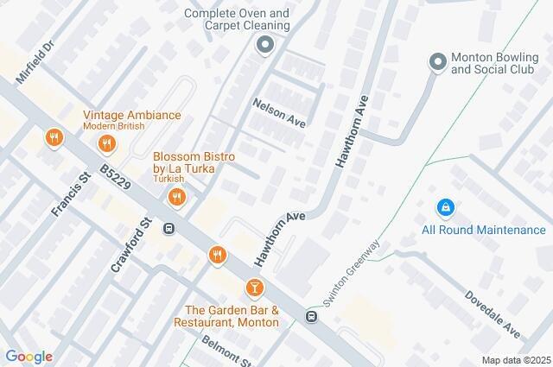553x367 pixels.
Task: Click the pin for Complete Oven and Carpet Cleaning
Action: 264,46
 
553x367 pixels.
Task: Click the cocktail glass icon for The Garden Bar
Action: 255,287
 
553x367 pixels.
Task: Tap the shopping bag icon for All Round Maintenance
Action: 445,207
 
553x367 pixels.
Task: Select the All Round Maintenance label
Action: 484,230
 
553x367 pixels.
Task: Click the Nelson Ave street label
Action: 279,112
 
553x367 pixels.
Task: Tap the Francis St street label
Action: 71,194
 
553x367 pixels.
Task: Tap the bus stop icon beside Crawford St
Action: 169,229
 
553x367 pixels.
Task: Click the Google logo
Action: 29,357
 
